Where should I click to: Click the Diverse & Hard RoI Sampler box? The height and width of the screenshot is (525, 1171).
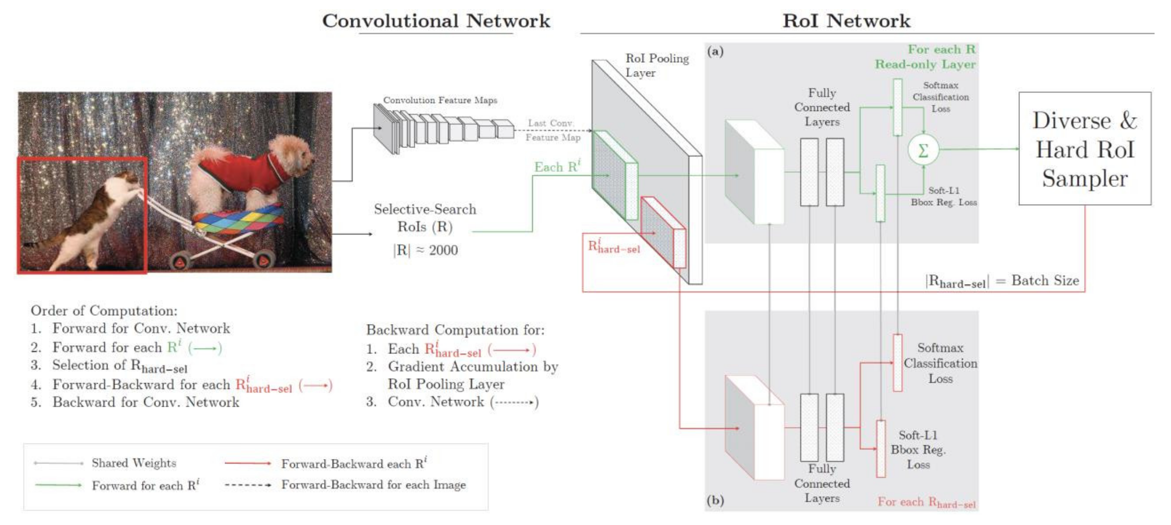point(1085,149)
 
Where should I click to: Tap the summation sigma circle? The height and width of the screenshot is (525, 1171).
point(923,150)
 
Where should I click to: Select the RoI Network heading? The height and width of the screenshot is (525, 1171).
point(846,21)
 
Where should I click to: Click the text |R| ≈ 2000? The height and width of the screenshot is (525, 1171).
point(425,250)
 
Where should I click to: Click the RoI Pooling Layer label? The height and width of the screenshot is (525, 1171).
point(657,65)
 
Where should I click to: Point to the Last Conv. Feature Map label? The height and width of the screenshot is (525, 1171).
point(553,130)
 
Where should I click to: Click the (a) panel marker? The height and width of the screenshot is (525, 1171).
point(715,51)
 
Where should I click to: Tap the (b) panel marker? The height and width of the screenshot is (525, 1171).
point(715,500)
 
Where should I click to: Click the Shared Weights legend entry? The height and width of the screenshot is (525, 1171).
point(134,463)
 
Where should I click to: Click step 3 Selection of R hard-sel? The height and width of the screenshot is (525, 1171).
point(119,366)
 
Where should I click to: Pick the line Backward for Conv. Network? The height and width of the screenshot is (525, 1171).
point(146,402)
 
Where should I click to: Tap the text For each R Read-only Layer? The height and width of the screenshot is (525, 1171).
point(926,57)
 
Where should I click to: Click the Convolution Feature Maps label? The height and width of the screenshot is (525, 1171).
point(440,100)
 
